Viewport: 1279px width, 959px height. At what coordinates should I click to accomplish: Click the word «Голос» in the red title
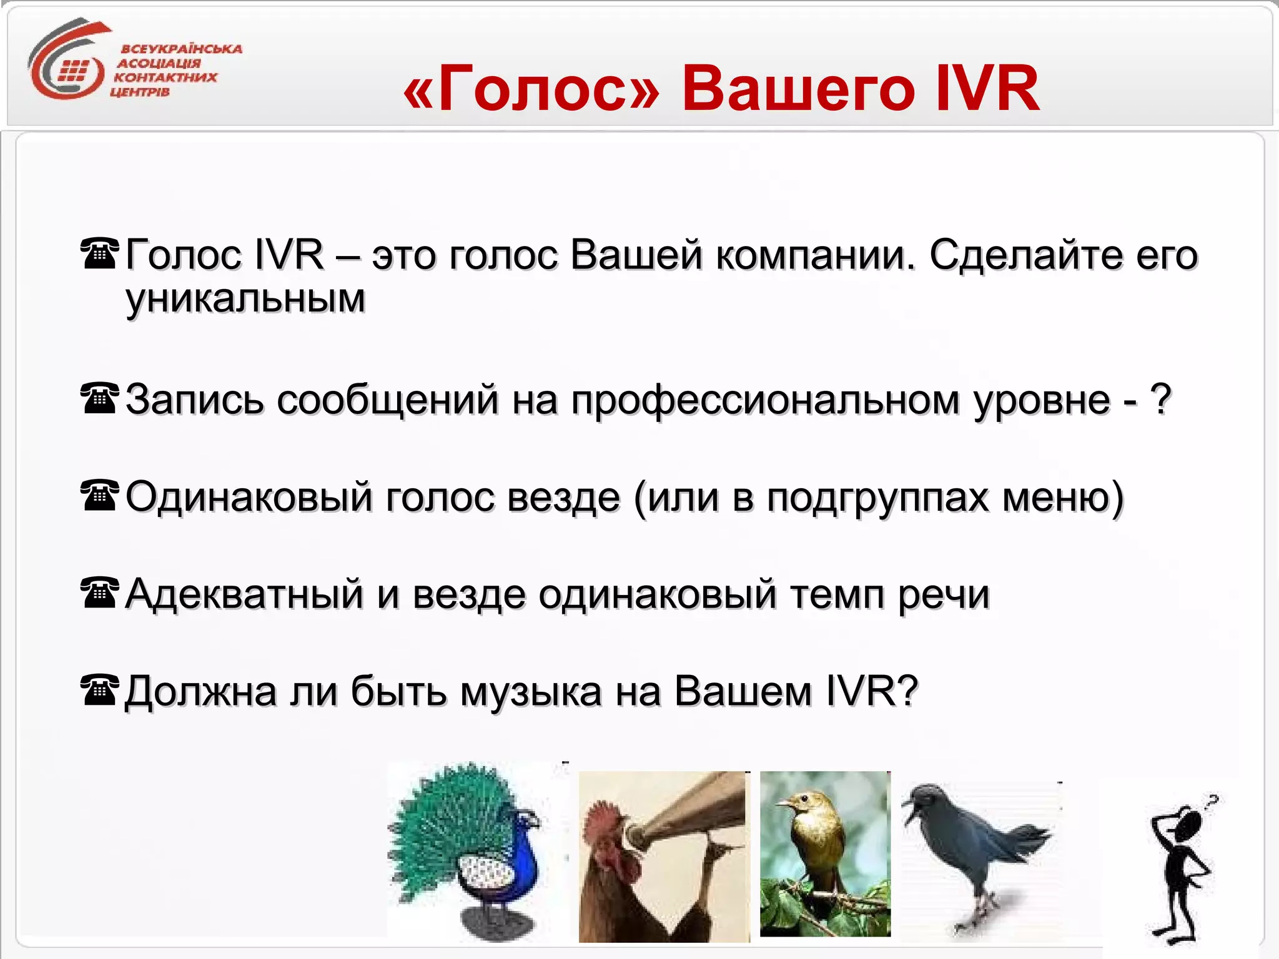tap(531, 89)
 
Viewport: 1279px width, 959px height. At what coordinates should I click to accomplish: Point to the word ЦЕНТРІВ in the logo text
tap(140, 92)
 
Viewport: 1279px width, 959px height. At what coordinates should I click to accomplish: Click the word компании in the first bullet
tap(814, 255)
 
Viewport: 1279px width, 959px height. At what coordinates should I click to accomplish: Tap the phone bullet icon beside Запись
tap(99, 398)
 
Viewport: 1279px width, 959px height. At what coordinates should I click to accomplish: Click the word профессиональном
tap(765, 400)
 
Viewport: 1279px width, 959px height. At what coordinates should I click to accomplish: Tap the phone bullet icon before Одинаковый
tap(99, 495)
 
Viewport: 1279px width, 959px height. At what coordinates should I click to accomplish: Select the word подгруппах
tap(878, 498)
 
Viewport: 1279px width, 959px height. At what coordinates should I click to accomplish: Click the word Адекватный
tap(244, 594)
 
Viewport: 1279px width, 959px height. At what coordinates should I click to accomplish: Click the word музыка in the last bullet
tap(531, 691)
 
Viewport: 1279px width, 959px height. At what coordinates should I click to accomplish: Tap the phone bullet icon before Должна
tap(99, 690)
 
